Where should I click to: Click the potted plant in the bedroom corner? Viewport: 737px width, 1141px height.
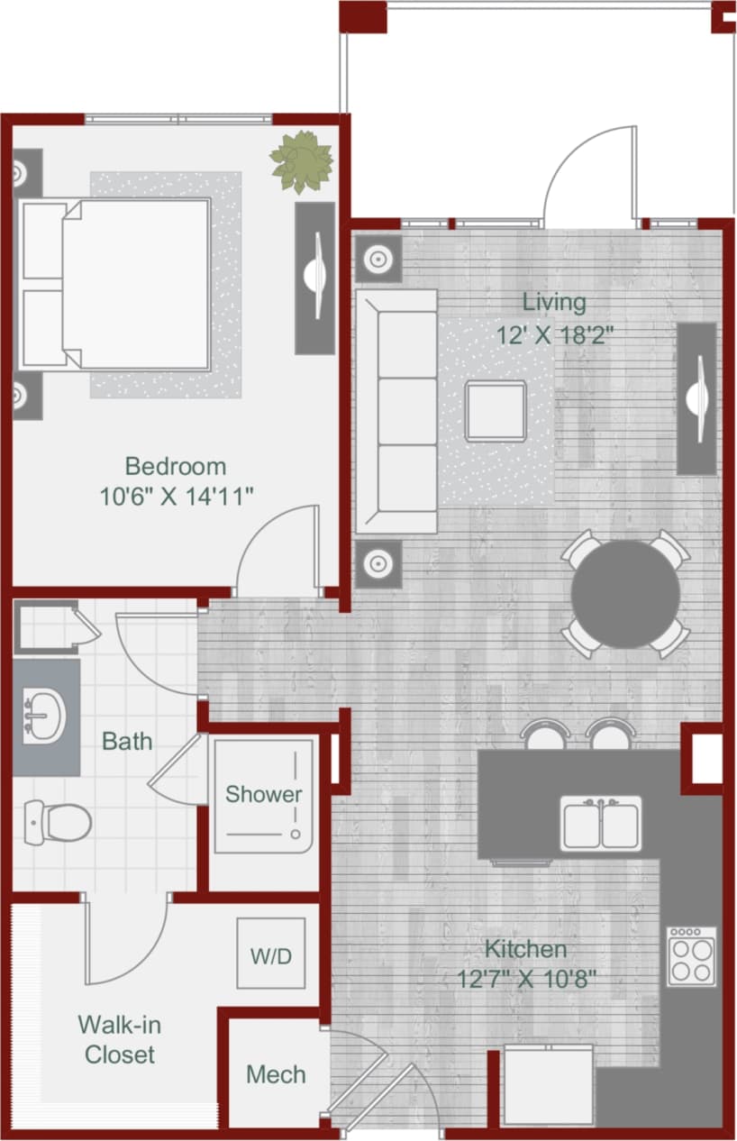[x=302, y=162]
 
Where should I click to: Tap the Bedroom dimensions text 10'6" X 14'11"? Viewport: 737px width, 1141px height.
[x=176, y=495]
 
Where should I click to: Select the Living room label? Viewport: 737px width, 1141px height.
[x=554, y=301]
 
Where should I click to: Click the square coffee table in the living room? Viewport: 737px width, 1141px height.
[x=496, y=410]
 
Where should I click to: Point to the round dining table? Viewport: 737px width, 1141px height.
[x=625, y=594]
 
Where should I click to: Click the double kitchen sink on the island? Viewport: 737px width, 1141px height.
[x=601, y=824]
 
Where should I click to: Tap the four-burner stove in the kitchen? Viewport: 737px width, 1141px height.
[x=692, y=955]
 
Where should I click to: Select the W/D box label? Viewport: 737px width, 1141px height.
[x=271, y=955]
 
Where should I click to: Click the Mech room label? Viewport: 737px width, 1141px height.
[x=276, y=1074]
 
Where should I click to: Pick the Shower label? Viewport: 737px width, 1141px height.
[x=263, y=794]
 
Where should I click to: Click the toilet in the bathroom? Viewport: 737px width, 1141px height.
[x=58, y=820]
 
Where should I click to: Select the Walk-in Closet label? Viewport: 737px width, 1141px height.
[x=119, y=1039]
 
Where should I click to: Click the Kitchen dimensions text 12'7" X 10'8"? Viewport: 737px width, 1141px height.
[x=527, y=979]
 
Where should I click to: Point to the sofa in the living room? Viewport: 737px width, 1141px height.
[x=396, y=411]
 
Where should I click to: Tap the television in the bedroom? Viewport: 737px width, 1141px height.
[x=314, y=278]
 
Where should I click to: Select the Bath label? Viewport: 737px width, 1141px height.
[x=127, y=742]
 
